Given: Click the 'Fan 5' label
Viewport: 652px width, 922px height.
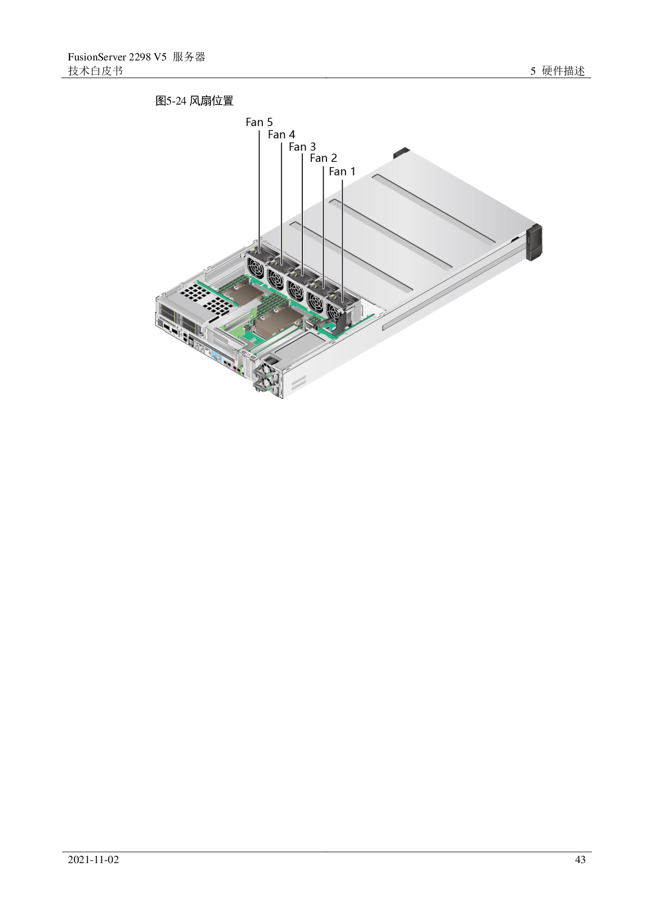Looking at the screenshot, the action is click(x=259, y=122).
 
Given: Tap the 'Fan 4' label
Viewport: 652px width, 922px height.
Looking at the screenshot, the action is click(x=281, y=135).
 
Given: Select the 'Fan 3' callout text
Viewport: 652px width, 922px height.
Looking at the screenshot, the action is click(x=302, y=147).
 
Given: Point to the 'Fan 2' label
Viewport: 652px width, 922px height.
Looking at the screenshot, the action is click(x=323, y=158).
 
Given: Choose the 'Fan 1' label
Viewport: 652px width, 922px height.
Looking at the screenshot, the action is click(x=342, y=171).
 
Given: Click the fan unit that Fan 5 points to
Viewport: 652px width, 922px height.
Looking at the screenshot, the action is click(x=258, y=266).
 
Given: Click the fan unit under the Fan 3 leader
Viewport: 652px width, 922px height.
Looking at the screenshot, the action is click(x=297, y=286).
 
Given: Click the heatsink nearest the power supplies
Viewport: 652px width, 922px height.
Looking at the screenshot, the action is click(x=279, y=321).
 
